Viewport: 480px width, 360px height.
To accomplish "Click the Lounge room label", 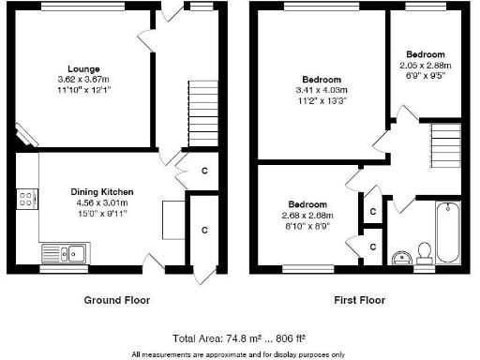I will (85, 68).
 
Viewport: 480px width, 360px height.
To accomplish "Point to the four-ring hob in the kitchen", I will (26, 201).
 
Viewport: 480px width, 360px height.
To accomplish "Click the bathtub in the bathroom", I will (449, 233).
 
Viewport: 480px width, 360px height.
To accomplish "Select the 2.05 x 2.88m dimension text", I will (425, 66).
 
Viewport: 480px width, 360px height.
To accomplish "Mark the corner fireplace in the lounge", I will (27, 137).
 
